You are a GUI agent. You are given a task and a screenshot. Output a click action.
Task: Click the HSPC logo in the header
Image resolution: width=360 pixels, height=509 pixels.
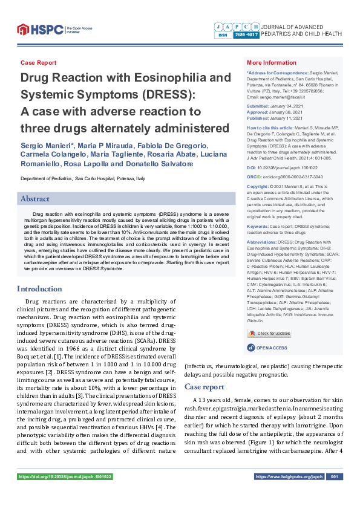[x=39, y=29]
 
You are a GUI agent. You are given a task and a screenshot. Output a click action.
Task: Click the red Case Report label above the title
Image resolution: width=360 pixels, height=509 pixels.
[x=38, y=63]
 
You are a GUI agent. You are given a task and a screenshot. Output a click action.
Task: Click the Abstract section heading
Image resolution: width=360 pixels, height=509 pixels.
[x=36, y=198]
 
